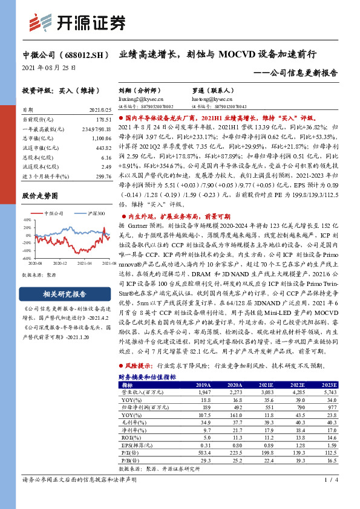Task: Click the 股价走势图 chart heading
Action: coord(42,195)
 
